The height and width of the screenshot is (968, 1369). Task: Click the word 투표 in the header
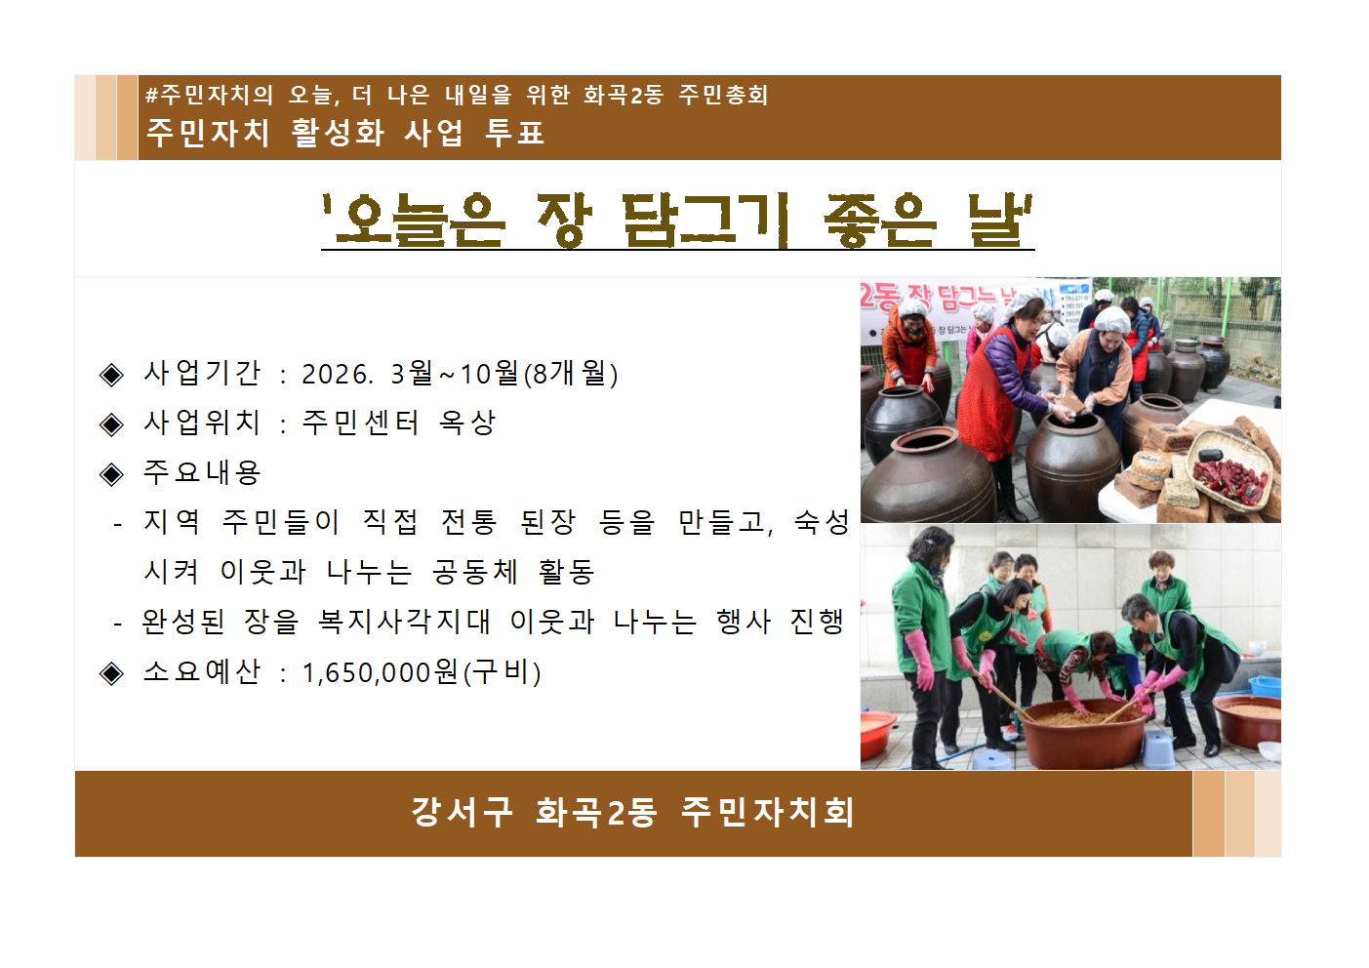(514, 133)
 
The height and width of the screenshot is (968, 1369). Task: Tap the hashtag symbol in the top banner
(151, 96)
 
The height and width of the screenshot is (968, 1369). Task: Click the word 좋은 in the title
(879, 220)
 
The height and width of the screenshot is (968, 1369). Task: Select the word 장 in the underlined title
(564, 220)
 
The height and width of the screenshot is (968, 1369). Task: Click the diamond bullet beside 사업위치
(112, 423)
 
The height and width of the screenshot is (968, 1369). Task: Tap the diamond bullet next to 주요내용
(112, 474)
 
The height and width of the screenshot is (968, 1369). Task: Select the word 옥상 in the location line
(467, 423)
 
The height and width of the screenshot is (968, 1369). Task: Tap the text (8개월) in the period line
(571, 374)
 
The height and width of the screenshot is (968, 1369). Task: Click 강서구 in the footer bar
(461, 812)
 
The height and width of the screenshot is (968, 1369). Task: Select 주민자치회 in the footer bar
(767, 812)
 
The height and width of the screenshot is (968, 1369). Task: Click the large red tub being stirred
(1082, 733)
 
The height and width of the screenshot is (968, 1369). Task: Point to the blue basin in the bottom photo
(1266, 685)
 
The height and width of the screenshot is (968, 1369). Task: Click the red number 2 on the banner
(866, 295)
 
